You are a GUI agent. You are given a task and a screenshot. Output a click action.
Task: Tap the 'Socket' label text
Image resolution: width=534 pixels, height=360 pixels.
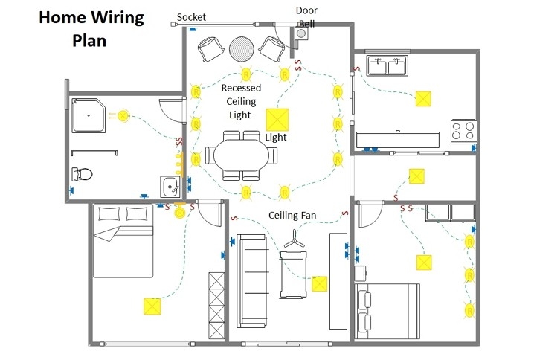coord(191,17)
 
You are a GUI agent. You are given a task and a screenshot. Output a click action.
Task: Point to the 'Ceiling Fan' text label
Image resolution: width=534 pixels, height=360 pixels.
coord(292,216)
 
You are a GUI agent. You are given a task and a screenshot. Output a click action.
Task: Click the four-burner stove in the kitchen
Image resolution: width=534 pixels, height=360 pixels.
coord(463,131)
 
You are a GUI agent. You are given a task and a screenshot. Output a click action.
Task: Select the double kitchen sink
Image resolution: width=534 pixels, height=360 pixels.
coord(386,66)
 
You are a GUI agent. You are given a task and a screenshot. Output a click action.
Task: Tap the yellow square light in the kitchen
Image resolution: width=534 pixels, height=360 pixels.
coord(424,99)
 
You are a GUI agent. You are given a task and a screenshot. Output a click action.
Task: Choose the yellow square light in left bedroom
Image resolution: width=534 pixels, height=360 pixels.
coord(152,306)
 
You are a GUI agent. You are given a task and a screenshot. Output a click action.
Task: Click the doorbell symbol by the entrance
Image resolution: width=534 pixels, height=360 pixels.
coord(302,34)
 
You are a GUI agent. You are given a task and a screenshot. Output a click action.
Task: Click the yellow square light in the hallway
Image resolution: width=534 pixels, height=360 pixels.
coord(417,176)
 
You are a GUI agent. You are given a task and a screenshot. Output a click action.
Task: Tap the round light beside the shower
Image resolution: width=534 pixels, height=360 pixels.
coord(123,115)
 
